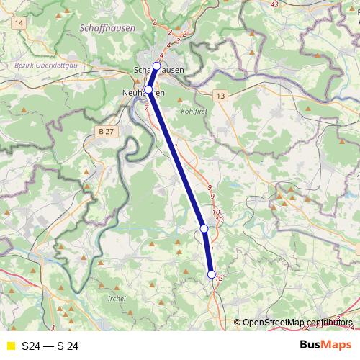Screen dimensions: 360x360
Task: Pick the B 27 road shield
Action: click(x=105, y=131)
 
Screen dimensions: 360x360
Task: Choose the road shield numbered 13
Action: click(x=219, y=95)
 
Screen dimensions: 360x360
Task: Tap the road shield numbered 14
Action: click(x=18, y=24)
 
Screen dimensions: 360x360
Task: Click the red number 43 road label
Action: click(x=274, y=4)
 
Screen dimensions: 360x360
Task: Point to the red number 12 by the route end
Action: click(x=220, y=279)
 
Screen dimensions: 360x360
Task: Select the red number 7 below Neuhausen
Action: click(x=148, y=107)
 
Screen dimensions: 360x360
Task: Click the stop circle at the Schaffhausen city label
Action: click(x=156, y=66)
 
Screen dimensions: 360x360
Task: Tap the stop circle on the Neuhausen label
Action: click(x=149, y=90)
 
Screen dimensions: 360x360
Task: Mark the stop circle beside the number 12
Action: click(x=211, y=274)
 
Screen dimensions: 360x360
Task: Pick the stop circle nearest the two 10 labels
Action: click(x=204, y=228)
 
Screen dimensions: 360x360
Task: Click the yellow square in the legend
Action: click(x=10, y=346)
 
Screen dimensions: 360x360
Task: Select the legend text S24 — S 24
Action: click(x=50, y=346)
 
